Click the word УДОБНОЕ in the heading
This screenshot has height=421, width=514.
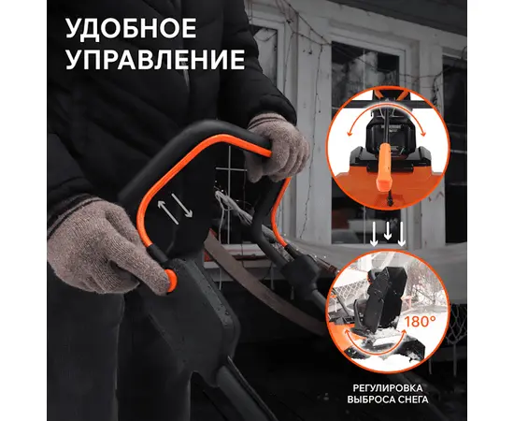131,28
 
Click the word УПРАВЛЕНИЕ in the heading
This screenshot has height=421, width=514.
155,59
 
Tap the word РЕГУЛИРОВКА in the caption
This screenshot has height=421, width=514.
388,388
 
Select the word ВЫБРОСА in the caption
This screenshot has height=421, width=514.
369,399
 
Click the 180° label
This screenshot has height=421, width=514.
420,321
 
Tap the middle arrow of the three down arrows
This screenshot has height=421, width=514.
388,230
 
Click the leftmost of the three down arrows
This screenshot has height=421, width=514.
374,234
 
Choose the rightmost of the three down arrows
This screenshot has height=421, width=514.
402,234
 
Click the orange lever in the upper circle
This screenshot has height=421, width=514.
383,167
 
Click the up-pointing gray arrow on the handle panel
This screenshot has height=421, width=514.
168,212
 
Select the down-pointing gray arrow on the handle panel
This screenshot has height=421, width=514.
182,206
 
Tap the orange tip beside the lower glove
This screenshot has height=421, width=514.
171,281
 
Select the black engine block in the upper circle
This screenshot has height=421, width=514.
387,131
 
